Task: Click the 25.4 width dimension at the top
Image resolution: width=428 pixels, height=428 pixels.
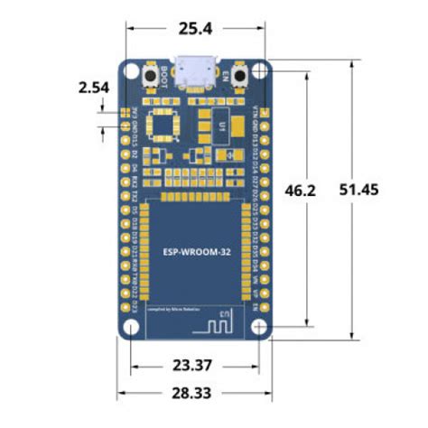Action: click(195, 29)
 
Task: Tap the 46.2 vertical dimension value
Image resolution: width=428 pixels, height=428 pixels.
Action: click(299, 191)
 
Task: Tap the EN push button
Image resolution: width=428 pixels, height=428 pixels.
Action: click(242, 78)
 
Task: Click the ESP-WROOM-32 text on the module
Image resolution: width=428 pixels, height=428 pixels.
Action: click(196, 254)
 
